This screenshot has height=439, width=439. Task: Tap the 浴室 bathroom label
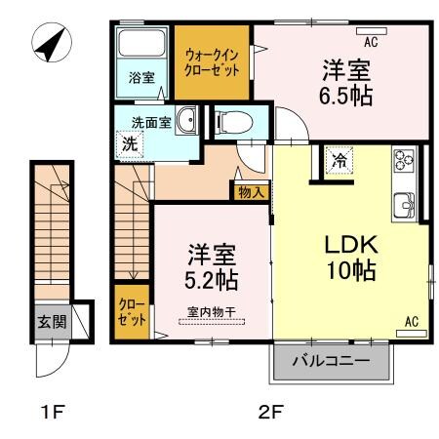[141, 77]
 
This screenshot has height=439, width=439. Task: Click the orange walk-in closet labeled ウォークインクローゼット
[212, 63]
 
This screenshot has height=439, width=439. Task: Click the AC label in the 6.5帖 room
[371, 42]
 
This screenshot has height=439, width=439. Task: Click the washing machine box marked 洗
[130, 142]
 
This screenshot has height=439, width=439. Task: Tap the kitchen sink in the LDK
[405, 205]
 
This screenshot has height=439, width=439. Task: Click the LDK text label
[351, 244]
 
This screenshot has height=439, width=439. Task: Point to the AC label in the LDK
[411, 320]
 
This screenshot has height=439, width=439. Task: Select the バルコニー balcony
[332, 362]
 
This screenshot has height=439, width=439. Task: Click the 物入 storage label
[250, 193]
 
